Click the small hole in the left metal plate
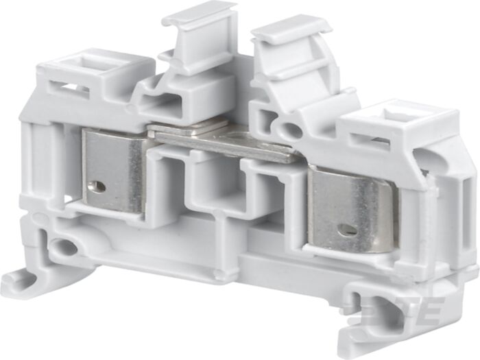[101, 186]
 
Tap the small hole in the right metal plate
[348, 230]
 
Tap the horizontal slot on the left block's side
[69, 88]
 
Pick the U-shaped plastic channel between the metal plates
[215, 189]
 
